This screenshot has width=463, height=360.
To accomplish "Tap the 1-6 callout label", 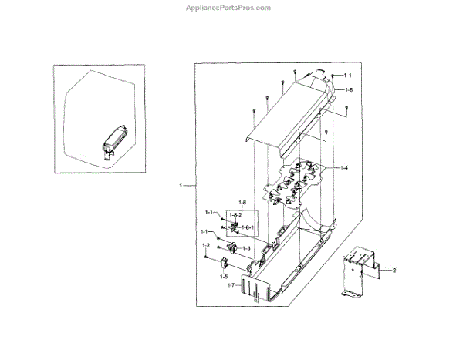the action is [348, 91].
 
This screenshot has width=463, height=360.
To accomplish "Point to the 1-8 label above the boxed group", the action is [221, 203].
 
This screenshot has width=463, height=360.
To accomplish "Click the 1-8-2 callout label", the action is [235, 214].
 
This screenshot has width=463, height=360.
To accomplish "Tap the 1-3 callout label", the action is [246, 248].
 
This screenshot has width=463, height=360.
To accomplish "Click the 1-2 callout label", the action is [206, 245].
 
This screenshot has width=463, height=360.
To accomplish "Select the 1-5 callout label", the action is [225, 275].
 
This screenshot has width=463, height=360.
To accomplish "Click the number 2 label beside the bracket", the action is [394, 271].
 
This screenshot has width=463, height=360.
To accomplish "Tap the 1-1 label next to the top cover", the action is [347, 76].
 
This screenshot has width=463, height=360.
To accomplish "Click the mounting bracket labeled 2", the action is [357, 270].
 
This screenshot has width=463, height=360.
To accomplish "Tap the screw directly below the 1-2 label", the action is [206, 257].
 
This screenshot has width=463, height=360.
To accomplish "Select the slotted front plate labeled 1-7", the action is [259, 287].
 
